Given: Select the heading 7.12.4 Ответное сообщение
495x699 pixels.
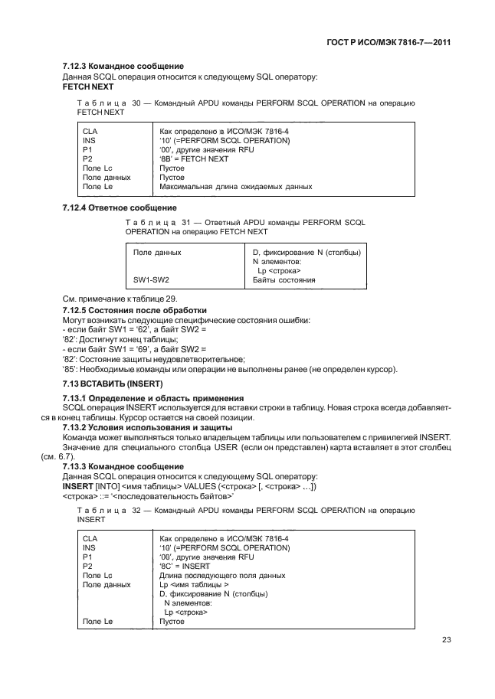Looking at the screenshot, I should coord(120,207).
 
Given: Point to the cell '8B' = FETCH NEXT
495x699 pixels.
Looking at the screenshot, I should coord(194,158).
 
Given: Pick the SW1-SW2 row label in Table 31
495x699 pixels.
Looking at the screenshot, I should coord(151,280).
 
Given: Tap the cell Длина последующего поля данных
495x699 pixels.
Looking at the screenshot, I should coord(222,575).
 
